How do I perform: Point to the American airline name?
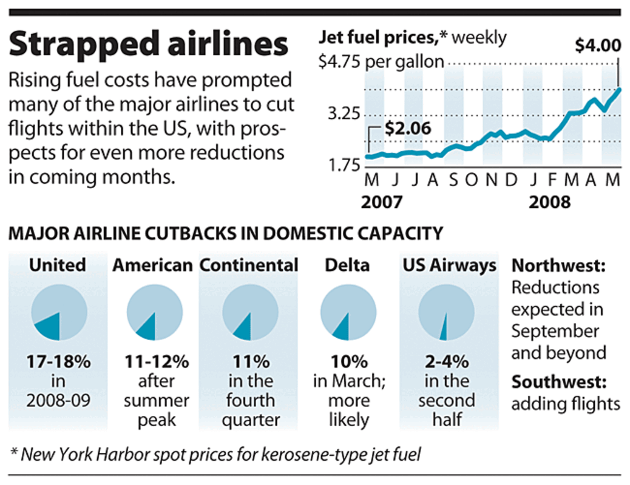[153, 265]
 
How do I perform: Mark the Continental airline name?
[249, 265]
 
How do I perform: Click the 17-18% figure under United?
[58, 362]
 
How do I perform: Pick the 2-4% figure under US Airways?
[447, 362]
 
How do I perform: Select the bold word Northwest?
[556, 266]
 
